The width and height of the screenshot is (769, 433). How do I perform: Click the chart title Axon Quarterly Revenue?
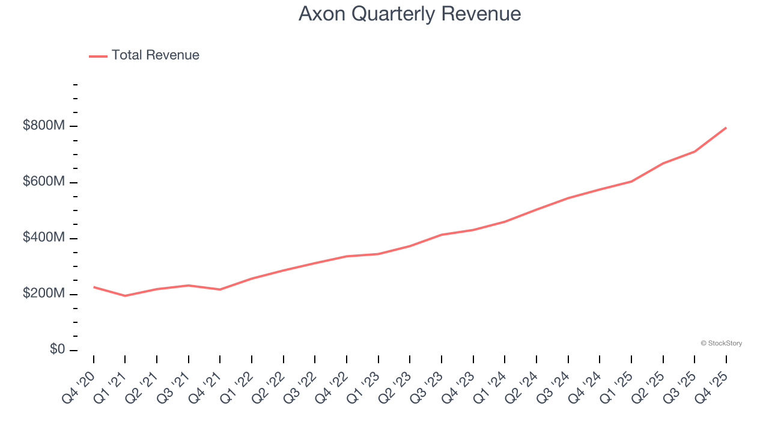pyautogui.click(x=409, y=14)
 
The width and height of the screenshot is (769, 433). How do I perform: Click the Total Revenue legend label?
pyautogui.click(x=155, y=55)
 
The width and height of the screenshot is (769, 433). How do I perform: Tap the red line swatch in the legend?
pyautogui.click(x=98, y=56)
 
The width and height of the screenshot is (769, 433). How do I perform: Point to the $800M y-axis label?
pyautogui.click(x=44, y=126)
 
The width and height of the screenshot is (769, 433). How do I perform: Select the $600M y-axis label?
pyautogui.click(x=44, y=182)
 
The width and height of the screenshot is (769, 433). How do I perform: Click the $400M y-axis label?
pyautogui.click(x=44, y=238)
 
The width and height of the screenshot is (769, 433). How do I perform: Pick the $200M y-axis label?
pyautogui.click(x=44, y=293)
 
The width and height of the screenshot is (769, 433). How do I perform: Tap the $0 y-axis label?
pyautogui.click(x=58, y=349)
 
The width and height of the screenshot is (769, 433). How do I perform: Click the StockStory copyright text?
pyautogui.click(x=721, y=343)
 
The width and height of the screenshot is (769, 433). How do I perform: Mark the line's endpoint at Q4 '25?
pyautogui.click(x=726, y=127)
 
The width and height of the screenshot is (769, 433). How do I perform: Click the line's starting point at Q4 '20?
pyautogui.click(x=94, y=287)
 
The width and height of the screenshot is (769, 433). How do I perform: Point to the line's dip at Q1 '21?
pyautogui.click(x=125, y=296)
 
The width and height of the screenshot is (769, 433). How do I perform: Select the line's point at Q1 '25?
pyautogui.click(x=631, y=181)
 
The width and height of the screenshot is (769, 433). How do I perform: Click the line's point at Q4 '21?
pyautogui.click(x=220, y=290)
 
